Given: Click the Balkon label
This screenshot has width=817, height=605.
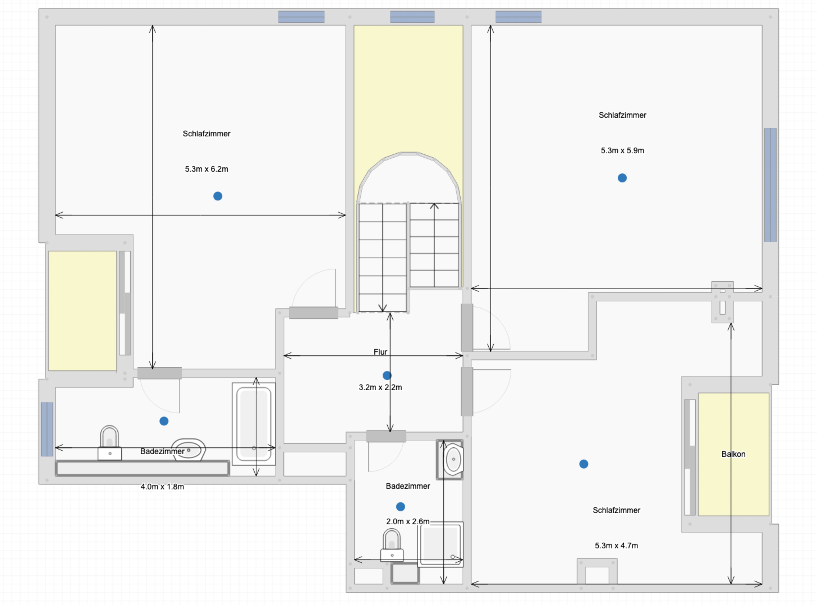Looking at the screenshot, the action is coord(733,454).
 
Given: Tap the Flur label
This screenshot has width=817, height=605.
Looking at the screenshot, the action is coord(380,352).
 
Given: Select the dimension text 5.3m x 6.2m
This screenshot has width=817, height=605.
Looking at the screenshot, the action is coord(206,169).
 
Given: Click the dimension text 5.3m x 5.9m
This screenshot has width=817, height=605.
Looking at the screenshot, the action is coord(622,150).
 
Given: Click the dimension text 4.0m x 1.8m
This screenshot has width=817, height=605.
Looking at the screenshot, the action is coord(162,487).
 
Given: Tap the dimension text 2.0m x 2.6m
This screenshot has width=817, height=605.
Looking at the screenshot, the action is coord(408,521).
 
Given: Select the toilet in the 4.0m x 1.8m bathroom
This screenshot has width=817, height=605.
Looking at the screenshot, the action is coord(109,443).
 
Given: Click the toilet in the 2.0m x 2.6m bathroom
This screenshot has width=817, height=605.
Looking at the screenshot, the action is coord(392,545).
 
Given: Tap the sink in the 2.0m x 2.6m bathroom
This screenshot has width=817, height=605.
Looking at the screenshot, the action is coord(453,459).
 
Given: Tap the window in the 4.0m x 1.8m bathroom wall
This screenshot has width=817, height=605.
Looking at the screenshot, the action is coord(47,429).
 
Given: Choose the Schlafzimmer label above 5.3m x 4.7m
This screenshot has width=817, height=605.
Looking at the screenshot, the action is coord(616,510).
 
